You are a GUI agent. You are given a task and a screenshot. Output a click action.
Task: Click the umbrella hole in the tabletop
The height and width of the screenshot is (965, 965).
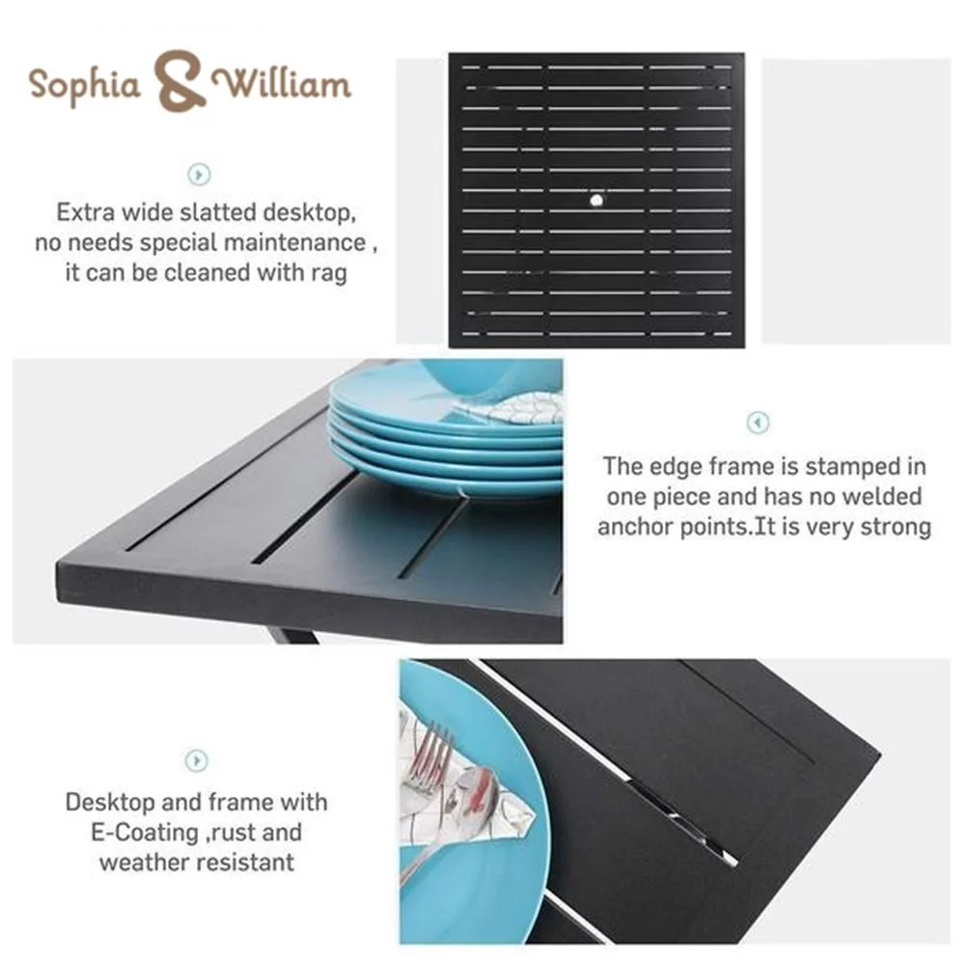click(595, 200)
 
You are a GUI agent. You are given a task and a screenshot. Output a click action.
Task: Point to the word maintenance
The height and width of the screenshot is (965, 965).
click(294, 242)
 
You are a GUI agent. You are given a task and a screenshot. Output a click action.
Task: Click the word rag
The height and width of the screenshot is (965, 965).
click(329, 274)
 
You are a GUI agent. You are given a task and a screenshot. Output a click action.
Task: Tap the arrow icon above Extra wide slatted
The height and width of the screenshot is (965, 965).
click(199, 174)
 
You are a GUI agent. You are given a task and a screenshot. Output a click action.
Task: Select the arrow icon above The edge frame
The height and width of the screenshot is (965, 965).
click(758, 423)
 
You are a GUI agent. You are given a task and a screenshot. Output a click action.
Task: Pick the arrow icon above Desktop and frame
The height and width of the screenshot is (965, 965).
click(196, 760)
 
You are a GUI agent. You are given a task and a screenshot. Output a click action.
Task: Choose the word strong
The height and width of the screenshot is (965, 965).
click(896, 528)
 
